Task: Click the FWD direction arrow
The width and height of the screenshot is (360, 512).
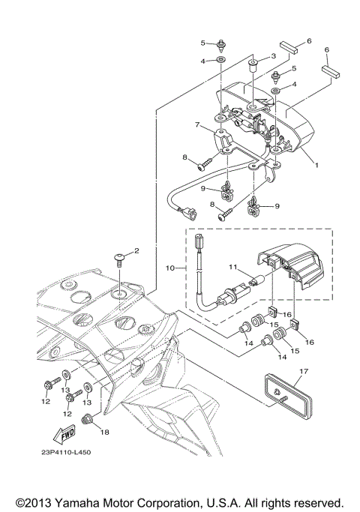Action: [x=64, y=434]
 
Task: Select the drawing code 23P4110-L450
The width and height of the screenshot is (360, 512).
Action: [x=66, y=452]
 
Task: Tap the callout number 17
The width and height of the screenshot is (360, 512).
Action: [x=304, y=371]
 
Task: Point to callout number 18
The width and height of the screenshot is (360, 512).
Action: [x=104, y=432]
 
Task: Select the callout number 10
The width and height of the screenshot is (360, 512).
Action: [x=170, y=268]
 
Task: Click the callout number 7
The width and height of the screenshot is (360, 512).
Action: [x=197, y=124]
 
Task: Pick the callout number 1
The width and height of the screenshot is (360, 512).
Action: [x=316, y=165]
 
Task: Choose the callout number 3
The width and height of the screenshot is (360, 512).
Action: [x=274, y=55]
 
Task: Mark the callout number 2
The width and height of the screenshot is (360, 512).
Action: [x=136, y=250]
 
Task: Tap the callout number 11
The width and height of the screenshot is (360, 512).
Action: [x=232, y=266]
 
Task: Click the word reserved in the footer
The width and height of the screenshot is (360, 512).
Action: [x=317, y=502]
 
